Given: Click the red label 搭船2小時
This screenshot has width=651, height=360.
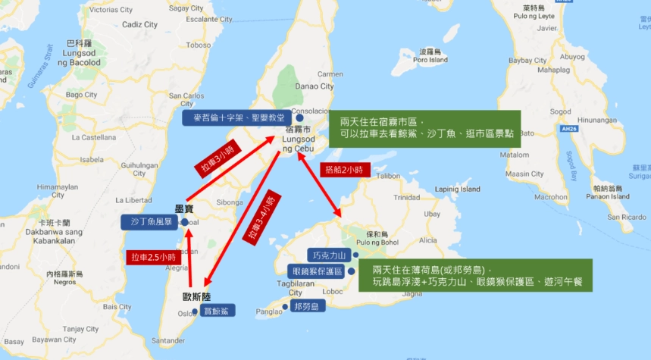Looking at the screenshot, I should (x=346, y=170).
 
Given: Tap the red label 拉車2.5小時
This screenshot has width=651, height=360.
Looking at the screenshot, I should (x=153, y=257).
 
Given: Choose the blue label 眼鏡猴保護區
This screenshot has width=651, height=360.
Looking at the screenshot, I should (x=318, y=271).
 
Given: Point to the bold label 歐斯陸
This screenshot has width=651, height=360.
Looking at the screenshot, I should (x=196, y=296).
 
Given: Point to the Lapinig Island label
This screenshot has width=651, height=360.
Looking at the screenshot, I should (x=458, y=189).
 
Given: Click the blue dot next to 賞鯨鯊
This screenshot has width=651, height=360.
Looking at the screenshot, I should (x=196, y=311).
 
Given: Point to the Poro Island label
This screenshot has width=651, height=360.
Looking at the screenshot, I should (x=430, y=60).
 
